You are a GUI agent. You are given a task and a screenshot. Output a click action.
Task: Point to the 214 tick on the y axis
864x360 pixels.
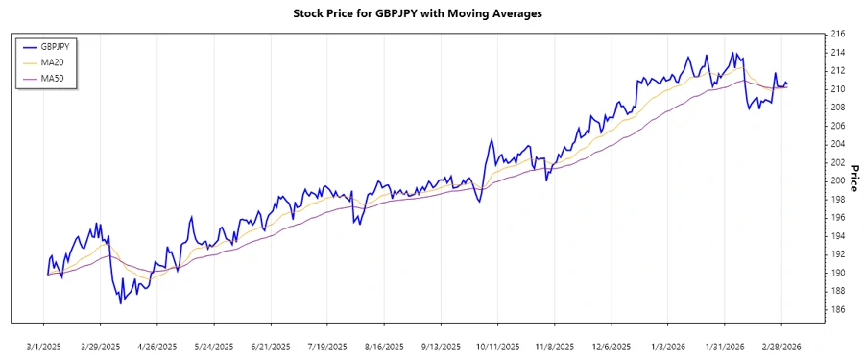pos(836,52)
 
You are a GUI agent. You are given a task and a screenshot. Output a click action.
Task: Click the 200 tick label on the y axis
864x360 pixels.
pos(836,180)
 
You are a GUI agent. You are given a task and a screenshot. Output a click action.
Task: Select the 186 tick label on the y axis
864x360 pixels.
pos(836,309)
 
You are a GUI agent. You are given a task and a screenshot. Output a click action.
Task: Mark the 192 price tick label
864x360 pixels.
pos(836,254)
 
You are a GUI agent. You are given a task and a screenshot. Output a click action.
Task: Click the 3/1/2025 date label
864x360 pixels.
pos(44,346)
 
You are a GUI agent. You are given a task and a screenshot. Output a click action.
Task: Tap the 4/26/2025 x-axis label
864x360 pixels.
pos(157,346)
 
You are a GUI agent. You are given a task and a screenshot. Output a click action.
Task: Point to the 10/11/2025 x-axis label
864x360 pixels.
pos(497,346)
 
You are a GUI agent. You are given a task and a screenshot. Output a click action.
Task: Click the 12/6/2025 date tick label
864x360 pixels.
pos(611,346)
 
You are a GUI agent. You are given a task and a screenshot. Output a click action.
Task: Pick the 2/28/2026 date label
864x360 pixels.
pos(780,346)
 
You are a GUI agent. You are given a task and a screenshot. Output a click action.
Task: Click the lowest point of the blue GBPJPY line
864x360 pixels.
pos(121,303)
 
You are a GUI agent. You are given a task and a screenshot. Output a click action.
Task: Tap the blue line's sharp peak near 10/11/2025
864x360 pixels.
pos(492,139)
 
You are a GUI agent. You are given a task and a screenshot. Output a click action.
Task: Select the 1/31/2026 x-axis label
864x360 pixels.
pos(724,346)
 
